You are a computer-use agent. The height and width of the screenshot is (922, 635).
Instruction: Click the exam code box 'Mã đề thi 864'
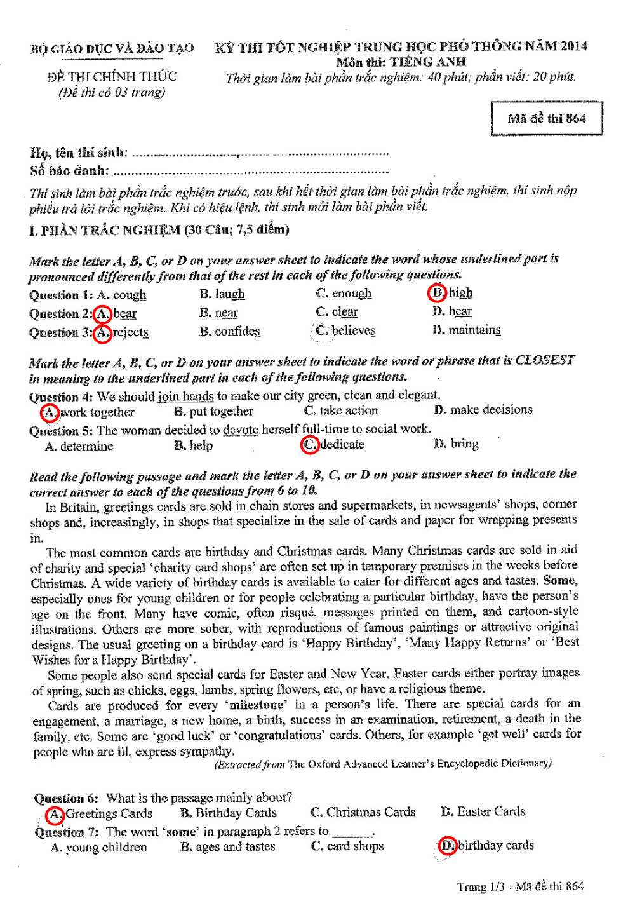(x=547, y=118)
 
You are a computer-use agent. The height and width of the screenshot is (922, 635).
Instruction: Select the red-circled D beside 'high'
(x=437, y=293)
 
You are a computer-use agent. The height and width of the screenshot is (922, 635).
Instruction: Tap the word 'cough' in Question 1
(x=130, y=295)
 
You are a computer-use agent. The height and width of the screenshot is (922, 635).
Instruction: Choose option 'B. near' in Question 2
(x=218, y=313)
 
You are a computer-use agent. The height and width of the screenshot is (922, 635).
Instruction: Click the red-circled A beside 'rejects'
(x=103, y=332)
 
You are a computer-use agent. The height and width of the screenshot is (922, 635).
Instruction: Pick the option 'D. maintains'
(x=466, y=330)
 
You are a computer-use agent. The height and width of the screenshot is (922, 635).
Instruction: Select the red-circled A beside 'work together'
(x=50, y=412)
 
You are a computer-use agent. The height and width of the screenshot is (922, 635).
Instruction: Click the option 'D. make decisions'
(x=483, y=410)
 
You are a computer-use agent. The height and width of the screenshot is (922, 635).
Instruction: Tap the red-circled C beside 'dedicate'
(x=310, y=445)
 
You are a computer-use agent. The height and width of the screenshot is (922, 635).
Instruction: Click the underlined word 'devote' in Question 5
(x=241, y=430)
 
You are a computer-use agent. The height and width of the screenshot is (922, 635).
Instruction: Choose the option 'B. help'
(x=194, y=445)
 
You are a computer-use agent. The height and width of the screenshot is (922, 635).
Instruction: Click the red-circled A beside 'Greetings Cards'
(x=56, y=814)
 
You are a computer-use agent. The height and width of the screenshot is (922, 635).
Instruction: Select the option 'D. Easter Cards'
(x=483, y=811)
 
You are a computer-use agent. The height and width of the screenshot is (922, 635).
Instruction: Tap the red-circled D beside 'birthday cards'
(x=448, y=846)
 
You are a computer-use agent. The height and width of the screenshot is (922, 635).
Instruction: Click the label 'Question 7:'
(x=68, y=831)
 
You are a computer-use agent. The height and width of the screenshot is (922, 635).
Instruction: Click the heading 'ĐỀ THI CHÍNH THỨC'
(x=112, y=77)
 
